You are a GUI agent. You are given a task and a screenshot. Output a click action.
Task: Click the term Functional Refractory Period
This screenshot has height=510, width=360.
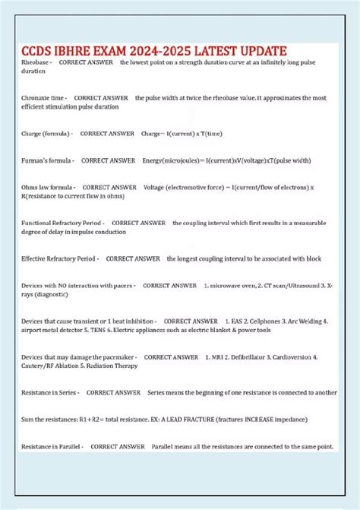pos(63,223)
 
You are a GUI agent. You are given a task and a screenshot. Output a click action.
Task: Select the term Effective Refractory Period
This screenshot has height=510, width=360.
pos(60,258)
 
